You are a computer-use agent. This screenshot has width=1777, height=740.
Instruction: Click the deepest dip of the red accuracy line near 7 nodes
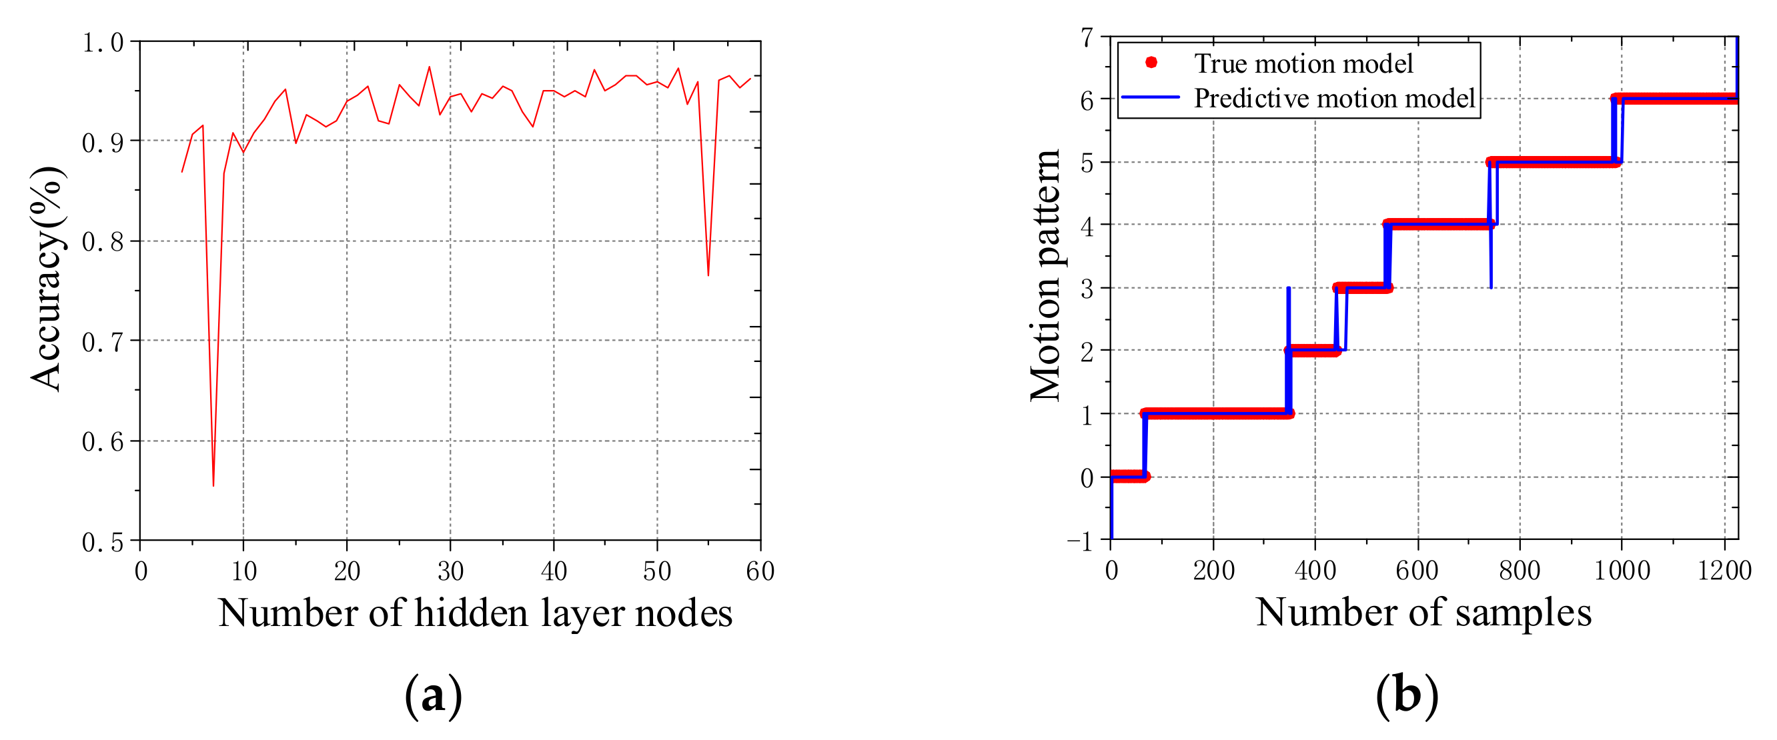coord(213,485)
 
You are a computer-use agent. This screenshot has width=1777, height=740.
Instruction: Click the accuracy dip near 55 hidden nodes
coord(708,275)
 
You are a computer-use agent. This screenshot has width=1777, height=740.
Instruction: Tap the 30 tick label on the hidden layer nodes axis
coord(450,572)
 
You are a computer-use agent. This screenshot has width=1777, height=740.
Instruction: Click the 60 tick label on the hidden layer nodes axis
coord(760,572)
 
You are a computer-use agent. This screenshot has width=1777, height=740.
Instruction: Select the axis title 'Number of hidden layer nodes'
coord(475,613)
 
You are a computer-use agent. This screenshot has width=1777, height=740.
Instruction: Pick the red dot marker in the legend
coord(1151,63)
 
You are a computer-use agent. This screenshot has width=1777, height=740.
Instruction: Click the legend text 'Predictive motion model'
coord(1334,99)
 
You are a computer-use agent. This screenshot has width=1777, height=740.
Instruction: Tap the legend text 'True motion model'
coord(1303,63)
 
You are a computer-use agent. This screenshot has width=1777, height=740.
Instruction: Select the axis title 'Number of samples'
coord(1423,613)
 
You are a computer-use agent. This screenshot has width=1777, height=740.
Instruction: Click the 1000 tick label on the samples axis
coord(1622,572)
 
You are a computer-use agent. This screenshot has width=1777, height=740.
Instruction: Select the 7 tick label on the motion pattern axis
coord(1087,38)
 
